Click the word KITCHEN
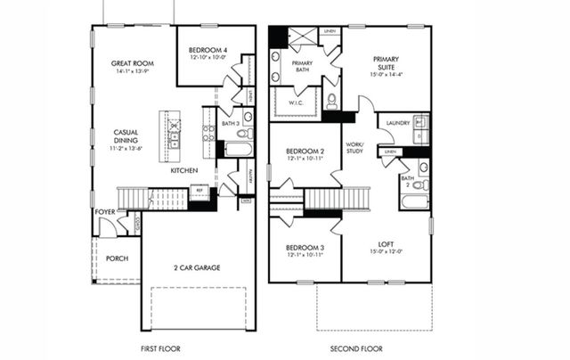tap(184, 170)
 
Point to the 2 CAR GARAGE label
tap(197, 267)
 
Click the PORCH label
tap(117, 258)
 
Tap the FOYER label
tap(104, 212)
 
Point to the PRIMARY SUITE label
tap(386, 64)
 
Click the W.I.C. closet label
tap(297, 102)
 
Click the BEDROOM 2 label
tap(305, 152)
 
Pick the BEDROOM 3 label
tap(305, 247)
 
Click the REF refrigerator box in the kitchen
tap(199, 191)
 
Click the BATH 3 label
tap(232, 123)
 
